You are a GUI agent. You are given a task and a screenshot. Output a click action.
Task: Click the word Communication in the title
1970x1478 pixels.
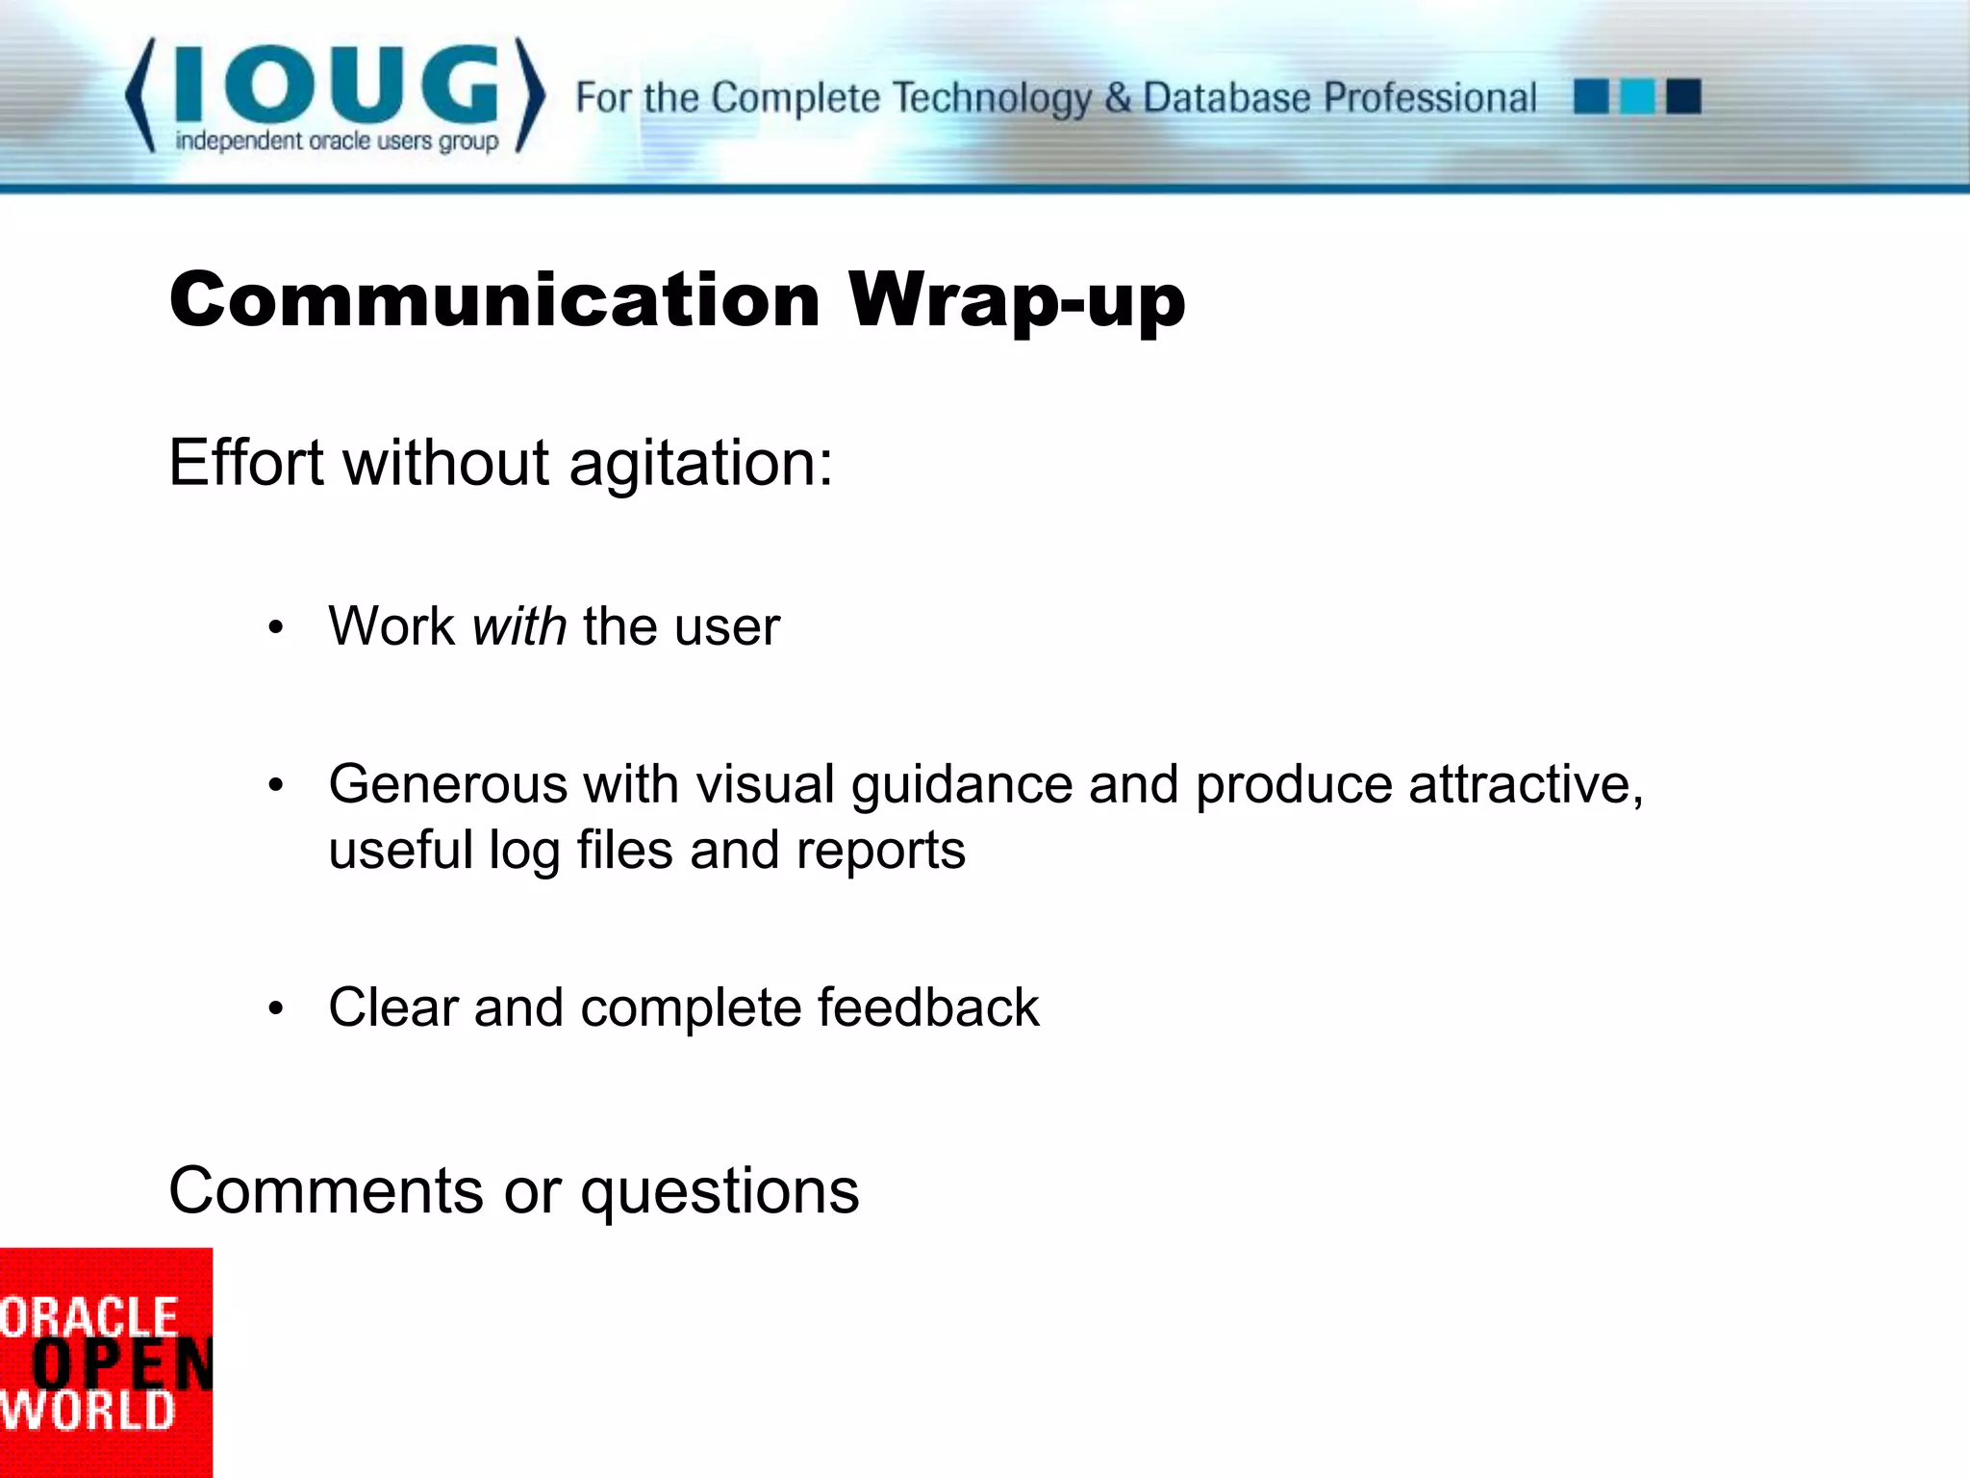[494, 300]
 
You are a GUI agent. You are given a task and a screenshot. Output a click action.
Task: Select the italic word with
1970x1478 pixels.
[519, 626]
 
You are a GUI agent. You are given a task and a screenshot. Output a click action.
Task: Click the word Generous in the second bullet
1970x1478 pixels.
[447, 784]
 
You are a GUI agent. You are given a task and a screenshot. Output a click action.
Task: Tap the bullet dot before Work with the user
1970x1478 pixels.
[276, 628]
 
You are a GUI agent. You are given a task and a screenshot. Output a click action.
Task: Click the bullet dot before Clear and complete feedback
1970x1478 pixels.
[276, 1009]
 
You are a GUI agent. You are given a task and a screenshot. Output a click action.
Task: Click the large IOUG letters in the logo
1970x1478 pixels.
[337, 85]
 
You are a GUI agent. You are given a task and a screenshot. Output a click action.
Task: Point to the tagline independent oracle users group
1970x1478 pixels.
[337, 141]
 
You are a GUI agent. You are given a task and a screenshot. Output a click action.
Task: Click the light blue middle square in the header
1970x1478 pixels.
[1637, 97]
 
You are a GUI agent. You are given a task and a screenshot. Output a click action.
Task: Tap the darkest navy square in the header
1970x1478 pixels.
[1683, 97]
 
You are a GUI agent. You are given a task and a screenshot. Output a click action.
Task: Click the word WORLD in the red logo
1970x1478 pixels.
[88, 1412]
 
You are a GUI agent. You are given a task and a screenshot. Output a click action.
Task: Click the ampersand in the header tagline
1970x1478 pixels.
[1117, 98]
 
